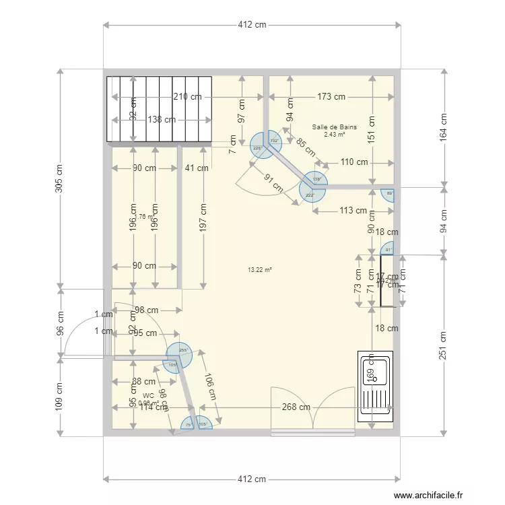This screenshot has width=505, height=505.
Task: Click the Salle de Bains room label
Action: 334,127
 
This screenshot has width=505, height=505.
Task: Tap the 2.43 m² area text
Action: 334,134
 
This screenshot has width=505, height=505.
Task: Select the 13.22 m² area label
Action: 260,270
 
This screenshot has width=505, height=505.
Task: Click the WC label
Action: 148,396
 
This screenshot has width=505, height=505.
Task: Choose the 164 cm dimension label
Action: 444,127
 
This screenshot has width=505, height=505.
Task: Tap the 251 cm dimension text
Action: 444,345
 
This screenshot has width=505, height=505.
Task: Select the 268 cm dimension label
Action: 296,407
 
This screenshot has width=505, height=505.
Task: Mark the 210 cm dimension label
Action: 187,97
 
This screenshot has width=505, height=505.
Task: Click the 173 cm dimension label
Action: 331,97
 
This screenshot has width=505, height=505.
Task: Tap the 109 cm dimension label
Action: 59,397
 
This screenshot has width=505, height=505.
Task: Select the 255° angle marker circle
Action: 178,354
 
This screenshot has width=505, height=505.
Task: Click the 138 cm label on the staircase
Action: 162,119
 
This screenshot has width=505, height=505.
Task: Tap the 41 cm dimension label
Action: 195,168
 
